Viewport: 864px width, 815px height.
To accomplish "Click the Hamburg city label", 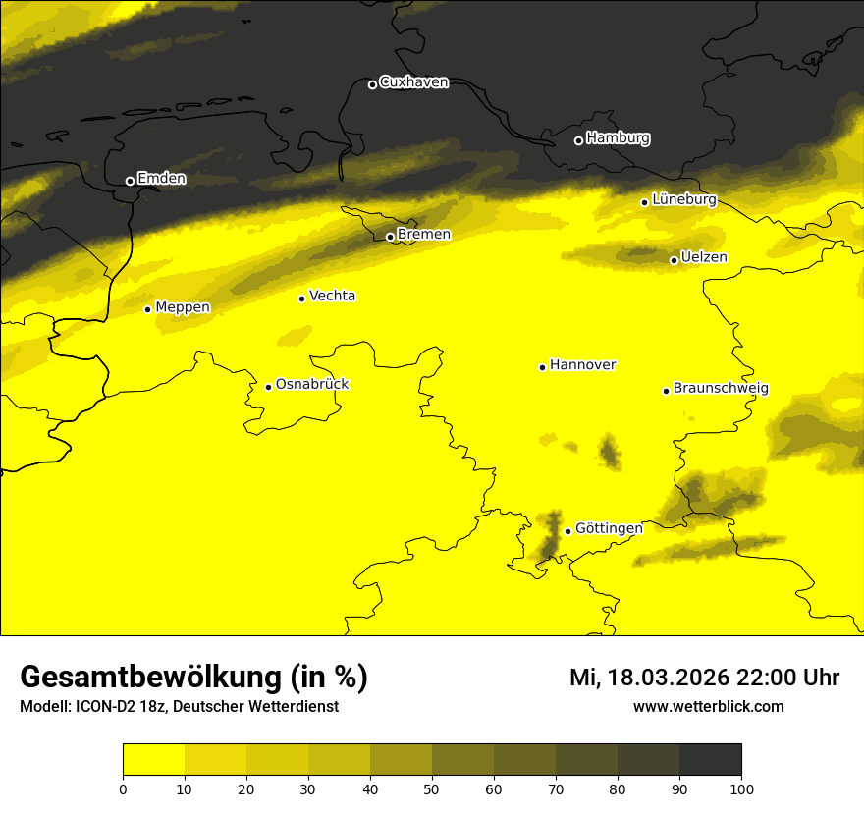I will [618, 138].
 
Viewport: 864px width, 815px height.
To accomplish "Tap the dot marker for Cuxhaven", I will [372, 84].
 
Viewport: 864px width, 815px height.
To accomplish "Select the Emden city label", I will [161, 179].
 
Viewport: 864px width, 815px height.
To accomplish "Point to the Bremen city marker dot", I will [390, 237].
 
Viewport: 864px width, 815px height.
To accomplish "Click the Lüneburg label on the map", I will [683, 199].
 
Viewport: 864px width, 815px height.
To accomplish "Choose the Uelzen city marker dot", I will [674, 260].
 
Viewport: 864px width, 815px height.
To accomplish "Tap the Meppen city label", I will [183, 307].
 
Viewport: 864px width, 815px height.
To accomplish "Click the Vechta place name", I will [332, 296].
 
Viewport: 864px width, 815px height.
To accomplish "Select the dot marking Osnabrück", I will [268, 387].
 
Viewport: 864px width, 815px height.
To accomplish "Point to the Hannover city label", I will [582, 365].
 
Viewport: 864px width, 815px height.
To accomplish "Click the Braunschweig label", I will [721, 389].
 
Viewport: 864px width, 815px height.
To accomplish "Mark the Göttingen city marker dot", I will [567, 531].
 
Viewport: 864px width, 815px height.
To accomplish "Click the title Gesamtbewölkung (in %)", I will [193, 678].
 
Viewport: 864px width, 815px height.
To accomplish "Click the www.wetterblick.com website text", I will [708, 706].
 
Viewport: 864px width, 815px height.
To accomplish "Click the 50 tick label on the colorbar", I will [432, 788].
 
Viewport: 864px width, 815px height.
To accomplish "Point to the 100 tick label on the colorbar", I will [741, 788].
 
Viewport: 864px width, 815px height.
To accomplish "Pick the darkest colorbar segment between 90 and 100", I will [710, 760].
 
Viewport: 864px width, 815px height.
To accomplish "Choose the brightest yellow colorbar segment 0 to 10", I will [153, 760].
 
